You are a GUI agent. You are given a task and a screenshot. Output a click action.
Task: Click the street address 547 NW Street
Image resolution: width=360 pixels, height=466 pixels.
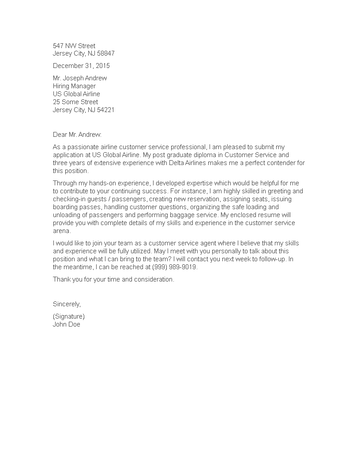(x=74, y=45)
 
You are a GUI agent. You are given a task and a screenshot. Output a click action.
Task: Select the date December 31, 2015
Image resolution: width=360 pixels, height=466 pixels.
(x=81, y=66)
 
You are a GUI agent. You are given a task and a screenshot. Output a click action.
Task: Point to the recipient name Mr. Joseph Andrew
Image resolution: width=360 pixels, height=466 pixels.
(x=80, y=78)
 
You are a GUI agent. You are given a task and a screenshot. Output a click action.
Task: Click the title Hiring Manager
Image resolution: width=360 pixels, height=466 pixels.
(x=74, y=86)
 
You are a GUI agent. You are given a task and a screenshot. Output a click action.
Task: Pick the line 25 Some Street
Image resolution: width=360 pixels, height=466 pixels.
(x=75, y=102)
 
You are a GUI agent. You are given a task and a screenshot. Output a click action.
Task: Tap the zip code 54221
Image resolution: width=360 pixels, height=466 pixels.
(x=106, y=110)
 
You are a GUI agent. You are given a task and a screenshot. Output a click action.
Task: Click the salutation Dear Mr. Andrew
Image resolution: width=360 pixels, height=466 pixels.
(x=77, y=134)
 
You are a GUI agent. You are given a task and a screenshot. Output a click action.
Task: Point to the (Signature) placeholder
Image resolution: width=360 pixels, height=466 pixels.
(x=69, y=316)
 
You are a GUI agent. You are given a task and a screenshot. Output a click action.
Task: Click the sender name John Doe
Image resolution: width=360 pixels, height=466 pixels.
(x=67, y=324)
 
